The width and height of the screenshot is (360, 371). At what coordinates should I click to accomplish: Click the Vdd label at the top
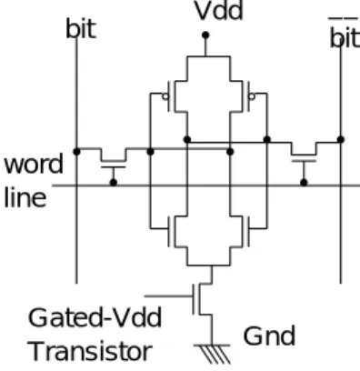coord(219,11)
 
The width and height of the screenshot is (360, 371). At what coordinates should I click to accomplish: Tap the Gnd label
coord(269,336)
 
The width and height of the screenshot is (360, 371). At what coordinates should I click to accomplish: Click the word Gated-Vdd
coord(95,317)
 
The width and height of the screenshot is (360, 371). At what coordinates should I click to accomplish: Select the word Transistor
coord(90,351)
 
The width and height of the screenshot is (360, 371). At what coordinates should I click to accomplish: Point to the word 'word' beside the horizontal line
coord(34,164)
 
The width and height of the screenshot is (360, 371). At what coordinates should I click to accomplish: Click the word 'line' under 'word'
coord(25,197)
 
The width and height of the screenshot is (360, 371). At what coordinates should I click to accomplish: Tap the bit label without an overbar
coord(81,29)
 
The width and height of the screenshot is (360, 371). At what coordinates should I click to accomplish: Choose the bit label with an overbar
coord(345,34)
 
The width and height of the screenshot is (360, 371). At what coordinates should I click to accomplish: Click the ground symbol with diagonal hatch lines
coord(212,354)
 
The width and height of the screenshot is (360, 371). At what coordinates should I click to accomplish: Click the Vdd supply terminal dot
coord(205,35)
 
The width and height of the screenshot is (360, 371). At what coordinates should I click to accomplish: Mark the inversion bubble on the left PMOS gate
coord(165,96)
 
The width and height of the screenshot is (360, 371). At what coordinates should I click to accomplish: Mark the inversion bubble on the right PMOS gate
coord(252,96)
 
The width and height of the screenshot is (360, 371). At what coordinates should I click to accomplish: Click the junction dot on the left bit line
coord(76,152)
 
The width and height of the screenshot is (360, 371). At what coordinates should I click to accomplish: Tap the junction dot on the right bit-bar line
coord(341,140)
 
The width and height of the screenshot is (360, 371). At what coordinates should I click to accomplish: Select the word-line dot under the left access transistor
coord(114,183)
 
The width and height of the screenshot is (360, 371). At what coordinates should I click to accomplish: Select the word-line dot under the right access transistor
coord(304,183)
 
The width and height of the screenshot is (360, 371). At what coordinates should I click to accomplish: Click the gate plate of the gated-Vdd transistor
coord(194,299)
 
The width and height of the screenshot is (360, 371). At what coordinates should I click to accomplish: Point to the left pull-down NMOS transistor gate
coord(169,231)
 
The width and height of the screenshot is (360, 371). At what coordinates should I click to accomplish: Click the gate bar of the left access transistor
coord(113,166)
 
